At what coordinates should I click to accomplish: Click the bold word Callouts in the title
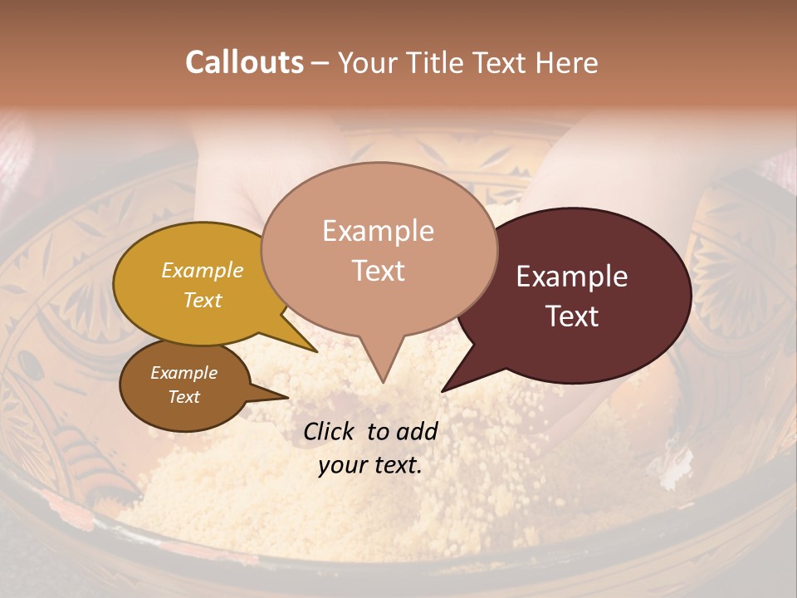[x=244, y=63]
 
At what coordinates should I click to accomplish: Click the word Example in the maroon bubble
[x=572, y=277]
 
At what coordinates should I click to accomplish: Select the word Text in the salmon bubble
[x=379, y=271]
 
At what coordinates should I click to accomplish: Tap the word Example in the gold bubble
[x=203, y=271]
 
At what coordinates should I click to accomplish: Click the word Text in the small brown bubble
[x=184, y=397]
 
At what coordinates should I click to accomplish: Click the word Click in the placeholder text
[x=330, y=431]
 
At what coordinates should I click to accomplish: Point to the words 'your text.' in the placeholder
[x=370, y=465]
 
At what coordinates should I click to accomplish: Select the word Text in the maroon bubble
[x=573, y=316]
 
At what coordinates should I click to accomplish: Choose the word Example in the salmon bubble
[x=379, y=231]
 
